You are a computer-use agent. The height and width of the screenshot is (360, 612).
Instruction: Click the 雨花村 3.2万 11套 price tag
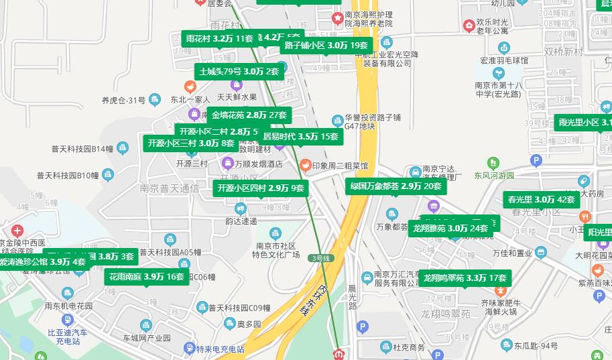[x=219, y=39]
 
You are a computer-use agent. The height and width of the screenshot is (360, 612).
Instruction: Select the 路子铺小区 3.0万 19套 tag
[x=326, y=46]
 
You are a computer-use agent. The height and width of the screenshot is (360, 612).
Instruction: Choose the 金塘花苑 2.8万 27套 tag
[x=249, y=115]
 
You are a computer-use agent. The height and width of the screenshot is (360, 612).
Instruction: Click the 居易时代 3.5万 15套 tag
[x=300, y=137]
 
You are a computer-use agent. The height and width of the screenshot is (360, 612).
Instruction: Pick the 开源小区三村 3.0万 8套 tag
[x=191, y=143]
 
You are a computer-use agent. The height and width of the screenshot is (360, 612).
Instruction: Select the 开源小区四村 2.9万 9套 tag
[x=261, y=188]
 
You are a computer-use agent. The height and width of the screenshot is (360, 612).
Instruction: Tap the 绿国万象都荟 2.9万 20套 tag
[x=395, y=186]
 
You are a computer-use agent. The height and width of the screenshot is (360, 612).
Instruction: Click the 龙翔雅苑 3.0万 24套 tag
[x=450, y=228]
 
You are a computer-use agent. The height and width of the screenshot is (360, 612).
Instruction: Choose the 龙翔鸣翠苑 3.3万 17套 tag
[x=465, y=278]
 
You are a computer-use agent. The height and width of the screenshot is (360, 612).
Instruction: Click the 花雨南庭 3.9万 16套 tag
[x=146, y=276]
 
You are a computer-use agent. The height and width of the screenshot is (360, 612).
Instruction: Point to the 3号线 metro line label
[x=320, y=258]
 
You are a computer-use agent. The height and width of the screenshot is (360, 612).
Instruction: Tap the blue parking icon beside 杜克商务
[x=363, y=327]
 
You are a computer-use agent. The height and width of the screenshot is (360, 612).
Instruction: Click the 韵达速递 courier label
[x=241, y=221]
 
